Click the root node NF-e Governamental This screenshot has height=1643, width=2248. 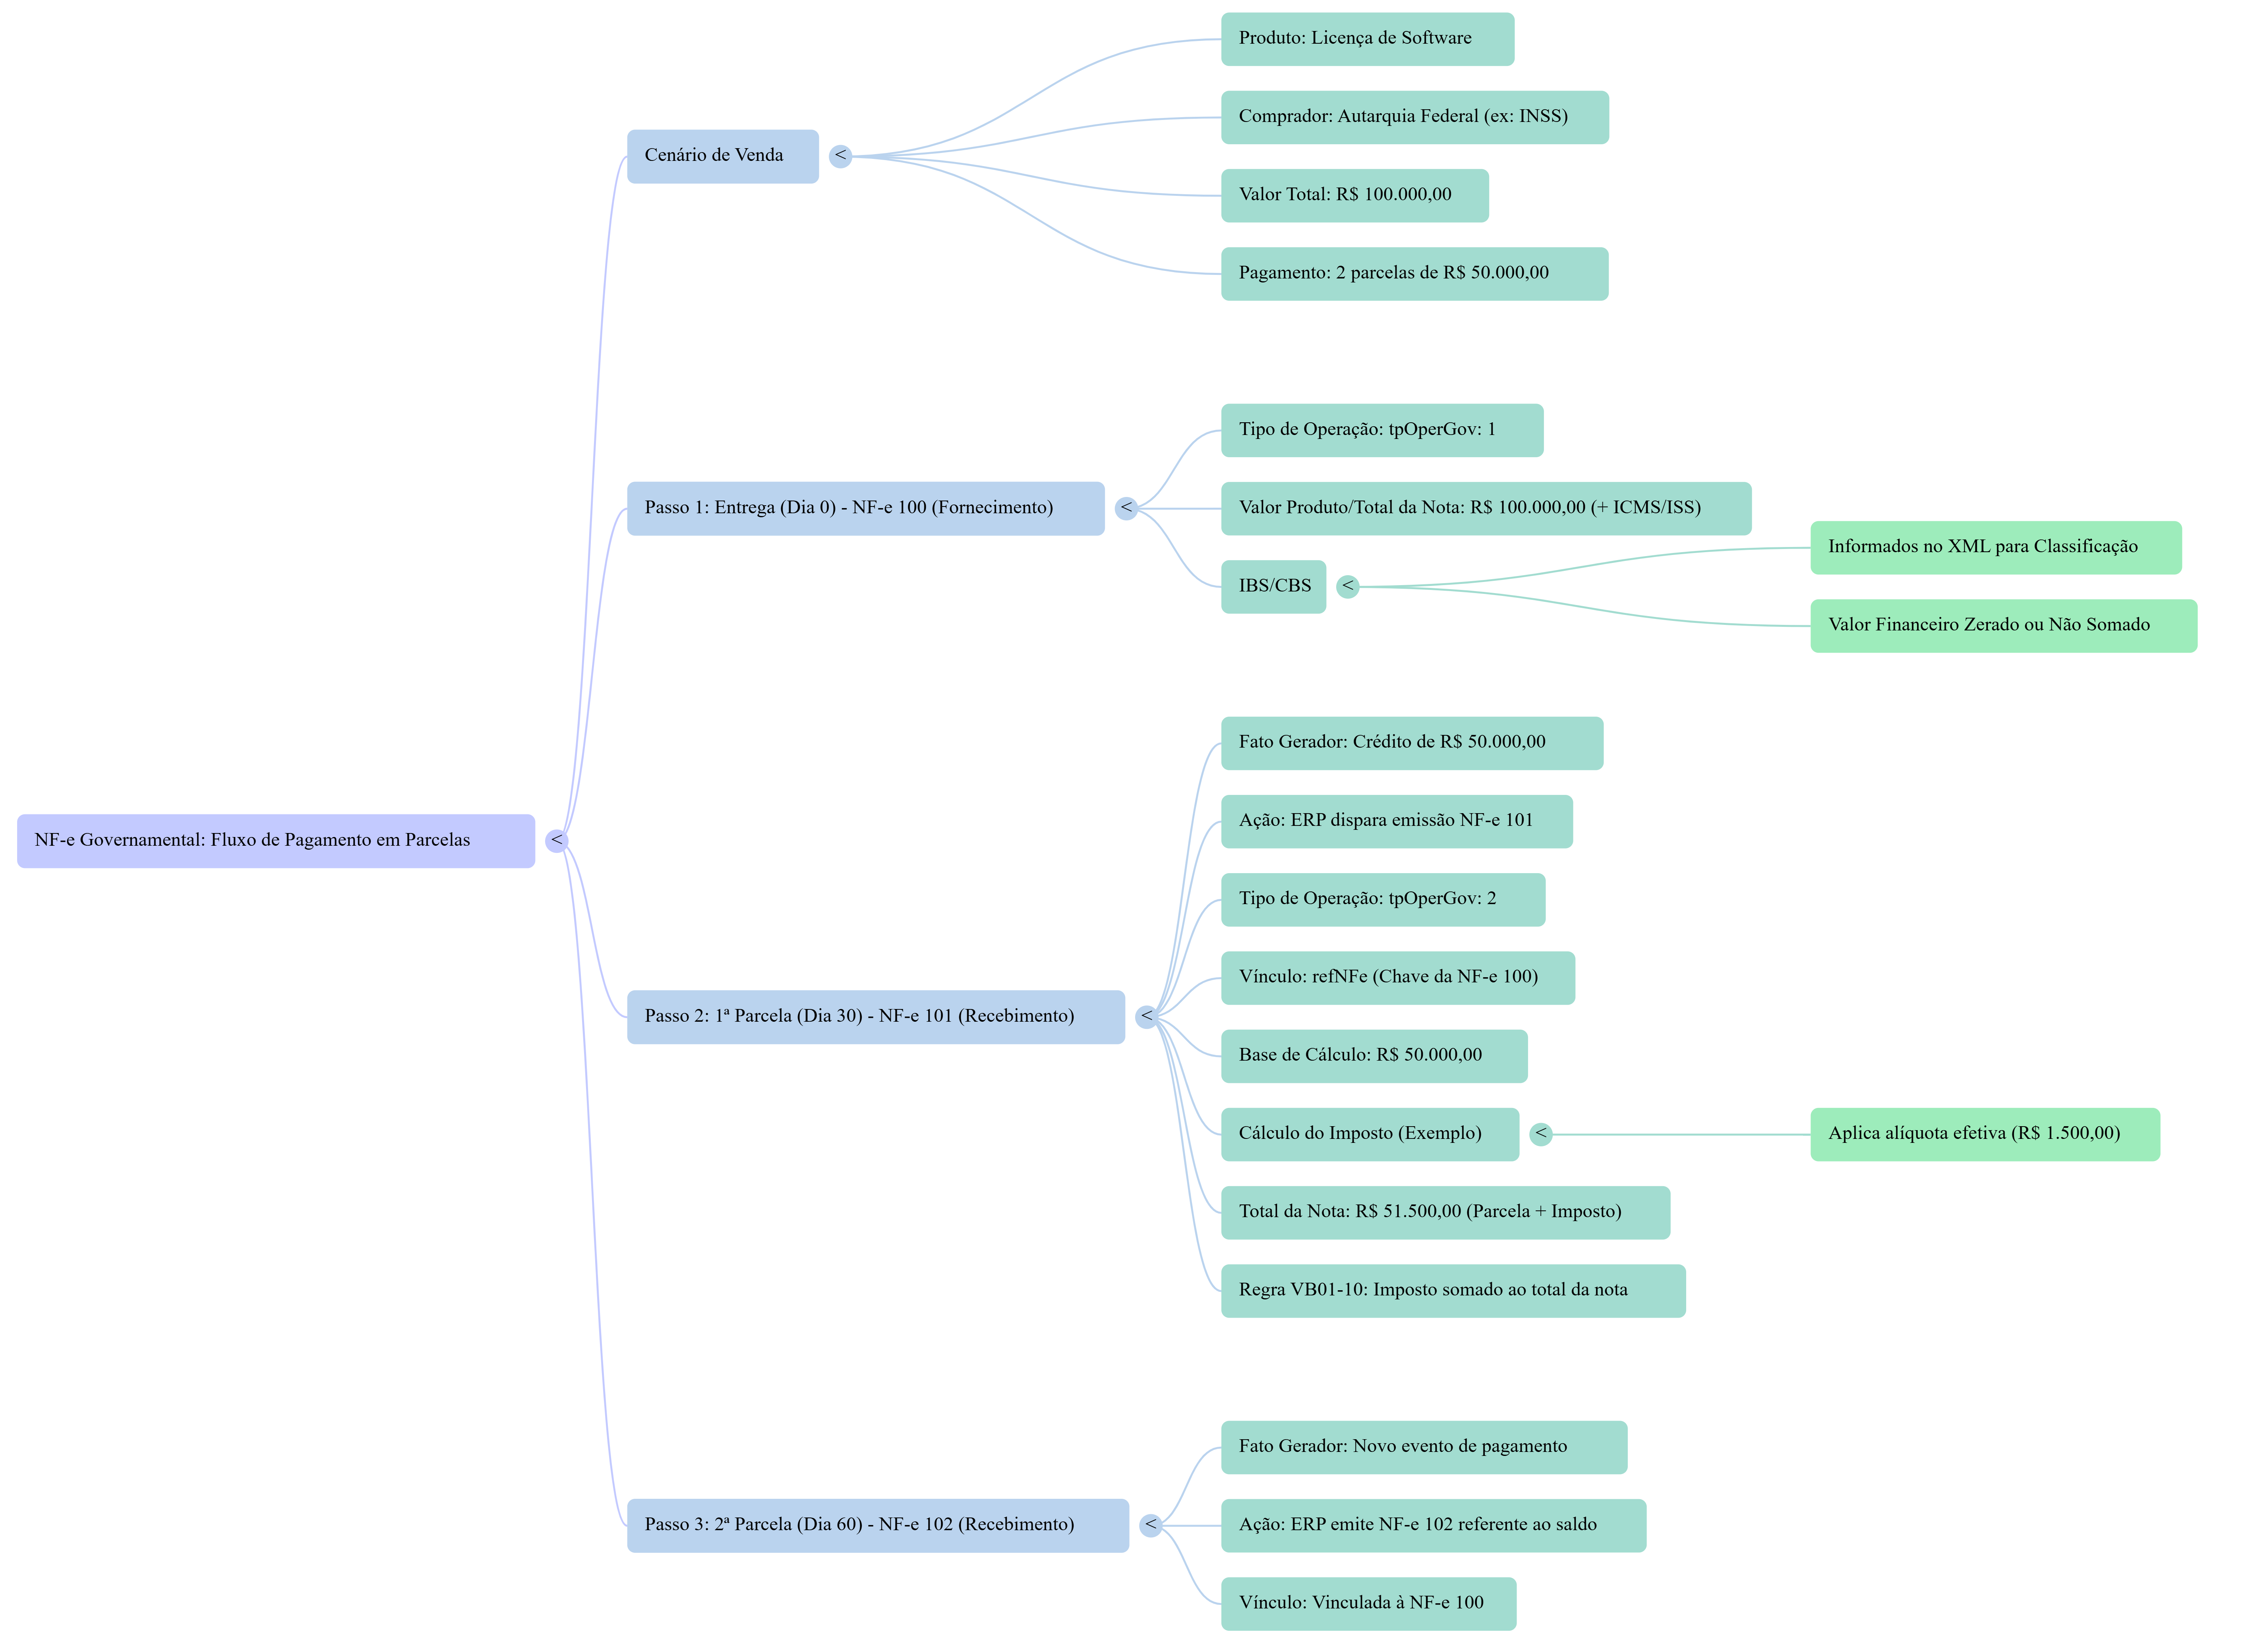point(275,841)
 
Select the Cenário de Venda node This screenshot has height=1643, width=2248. point(722,156)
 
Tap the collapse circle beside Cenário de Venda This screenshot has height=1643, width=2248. point(840,156)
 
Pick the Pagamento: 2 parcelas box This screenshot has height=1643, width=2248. point(1414,273)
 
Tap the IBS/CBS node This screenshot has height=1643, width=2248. point(1273,587)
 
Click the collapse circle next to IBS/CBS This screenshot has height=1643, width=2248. point(1348,587)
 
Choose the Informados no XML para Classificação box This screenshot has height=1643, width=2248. point(1995,547)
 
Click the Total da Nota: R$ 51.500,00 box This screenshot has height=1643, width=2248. point(1444,1212)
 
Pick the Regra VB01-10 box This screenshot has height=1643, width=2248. point(1452,1291)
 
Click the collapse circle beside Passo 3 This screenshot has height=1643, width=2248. point(1150,1525)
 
